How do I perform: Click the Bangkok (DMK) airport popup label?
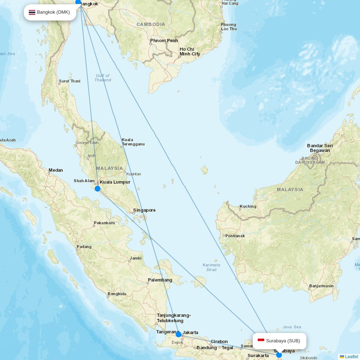click(50, 12)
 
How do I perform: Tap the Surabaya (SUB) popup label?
click(279, 341)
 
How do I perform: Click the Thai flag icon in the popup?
click(32, 12)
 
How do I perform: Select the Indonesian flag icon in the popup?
click(261, 341)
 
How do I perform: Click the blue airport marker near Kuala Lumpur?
click(98, 189)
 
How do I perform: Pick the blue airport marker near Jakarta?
click(179, 334)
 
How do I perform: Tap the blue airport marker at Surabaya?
click(279, 355)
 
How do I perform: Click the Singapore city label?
click(144, 210)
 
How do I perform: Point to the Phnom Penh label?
click(164, 41)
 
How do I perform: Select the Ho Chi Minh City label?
click(190, 51)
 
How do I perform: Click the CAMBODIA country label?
click(151, 24)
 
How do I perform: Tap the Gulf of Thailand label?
click(103, 78)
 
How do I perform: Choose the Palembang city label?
click(160, 280)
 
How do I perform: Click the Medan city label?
click(56, 170)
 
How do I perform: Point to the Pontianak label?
click(235, 236)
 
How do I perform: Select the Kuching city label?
click(248, 206)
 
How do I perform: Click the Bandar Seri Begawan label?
click(320, 148)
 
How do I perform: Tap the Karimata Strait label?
click(211, 267)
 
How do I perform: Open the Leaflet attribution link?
click(351, 357)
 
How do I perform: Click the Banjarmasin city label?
click(321, 286)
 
